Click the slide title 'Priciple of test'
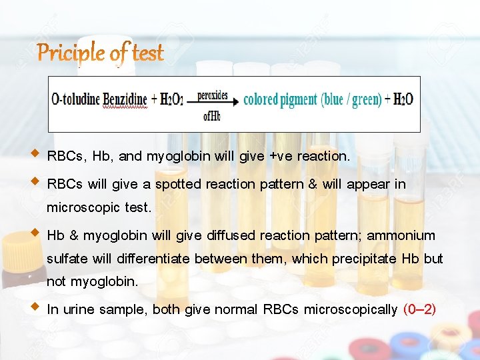(x=100, y=52)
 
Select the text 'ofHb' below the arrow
(x=211, y=116)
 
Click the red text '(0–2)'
(x=420, y=309)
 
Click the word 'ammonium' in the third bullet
(x=401, y=235)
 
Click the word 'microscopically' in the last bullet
(x=351, y=309)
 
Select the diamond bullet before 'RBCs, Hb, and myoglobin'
(x=35, y=155)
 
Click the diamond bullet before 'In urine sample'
(x=35, y=308)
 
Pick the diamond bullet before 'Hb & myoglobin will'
(x=35, y=234)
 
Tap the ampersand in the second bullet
(x=313, y=184)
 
